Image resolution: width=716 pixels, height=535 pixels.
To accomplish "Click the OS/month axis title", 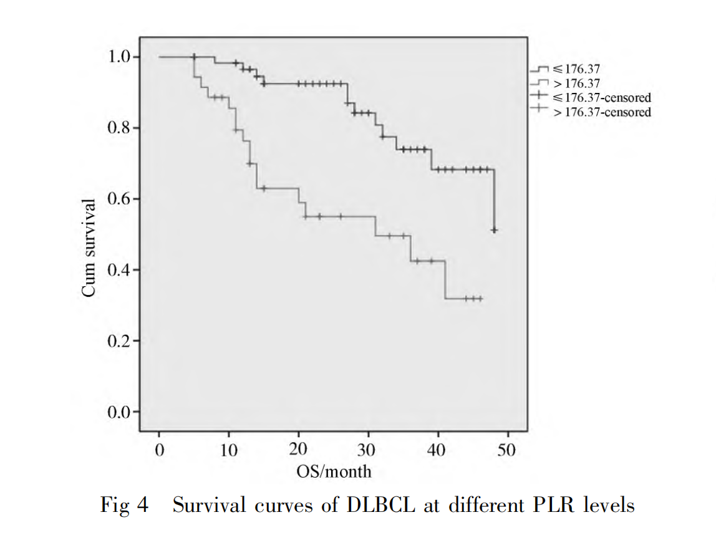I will [x=334, y=471].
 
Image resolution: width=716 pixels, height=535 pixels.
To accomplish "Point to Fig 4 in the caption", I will [x=125, y=504].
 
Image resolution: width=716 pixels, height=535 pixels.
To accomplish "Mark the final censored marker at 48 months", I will [x=494, y=231].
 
